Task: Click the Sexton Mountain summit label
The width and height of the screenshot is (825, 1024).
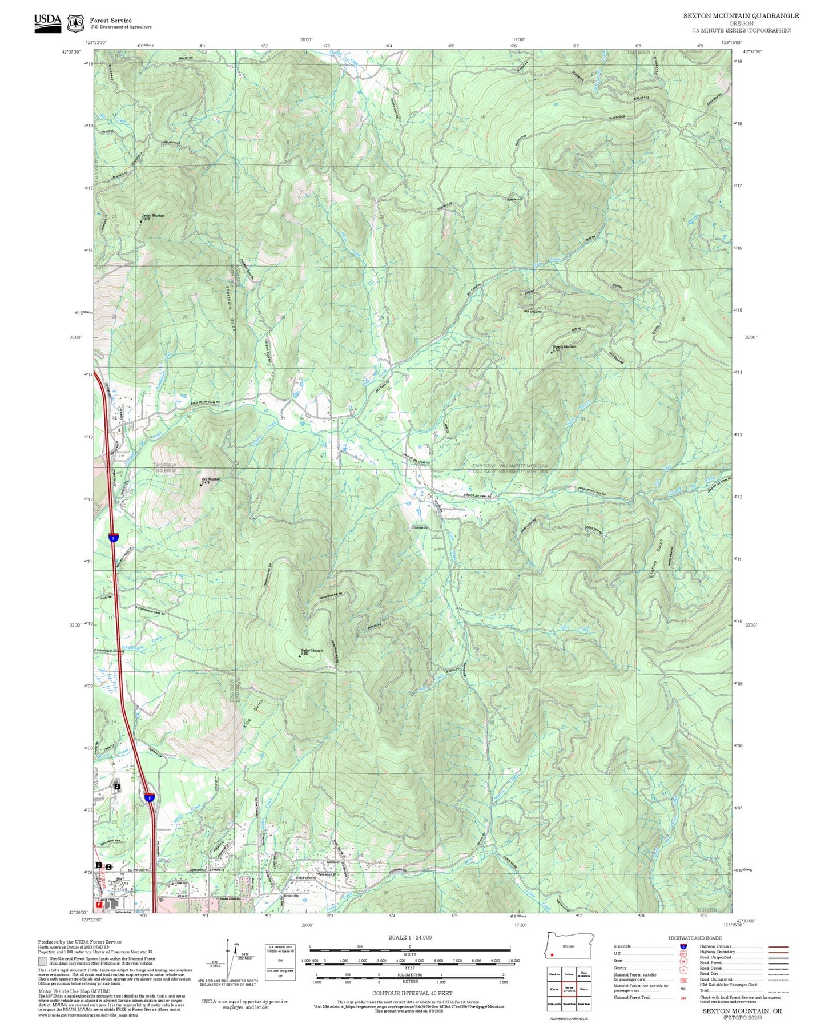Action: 152,216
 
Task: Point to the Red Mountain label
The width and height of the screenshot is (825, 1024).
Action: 211,479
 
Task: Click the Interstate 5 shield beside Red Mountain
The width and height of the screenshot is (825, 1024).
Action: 114,538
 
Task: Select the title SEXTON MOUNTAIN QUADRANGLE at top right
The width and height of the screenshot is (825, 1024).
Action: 741,16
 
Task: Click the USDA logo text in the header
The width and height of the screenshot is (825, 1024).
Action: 47,19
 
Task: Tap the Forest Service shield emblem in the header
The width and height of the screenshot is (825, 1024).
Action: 75,23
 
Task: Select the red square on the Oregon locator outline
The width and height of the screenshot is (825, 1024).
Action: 552,954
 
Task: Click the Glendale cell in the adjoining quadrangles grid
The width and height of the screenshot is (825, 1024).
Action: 553,974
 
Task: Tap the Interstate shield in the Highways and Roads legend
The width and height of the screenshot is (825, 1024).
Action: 683,946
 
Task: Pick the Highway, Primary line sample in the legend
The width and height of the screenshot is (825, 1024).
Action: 778,946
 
